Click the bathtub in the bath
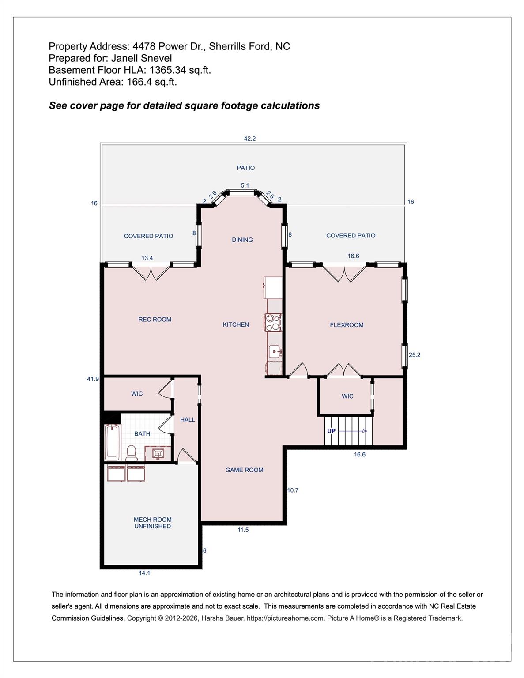point(112,442)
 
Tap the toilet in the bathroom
point(132,452)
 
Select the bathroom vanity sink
point(157,453)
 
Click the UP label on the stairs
point(331,431)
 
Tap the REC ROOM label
point(155,319)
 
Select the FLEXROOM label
point(347,325)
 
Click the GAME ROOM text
point(244,470)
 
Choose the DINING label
point(242,240)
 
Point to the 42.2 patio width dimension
point(250,139)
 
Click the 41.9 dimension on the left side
point(93,379)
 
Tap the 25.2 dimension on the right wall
point(415,354)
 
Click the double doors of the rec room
point(151,273)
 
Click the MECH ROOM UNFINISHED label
point(152,523)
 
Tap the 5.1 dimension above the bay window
point(245,185)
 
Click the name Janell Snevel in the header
point(141,58)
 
